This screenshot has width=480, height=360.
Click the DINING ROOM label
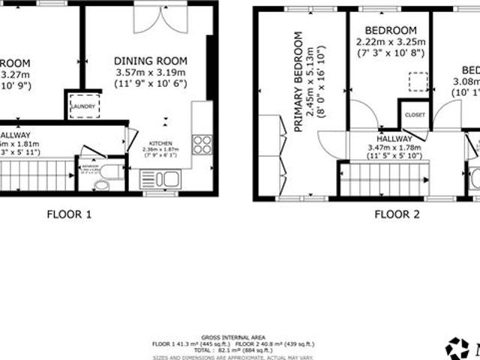click(x=151, y=61)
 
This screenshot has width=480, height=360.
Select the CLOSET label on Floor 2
click(x=414, y=115)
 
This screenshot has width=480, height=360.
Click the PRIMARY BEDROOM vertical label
click(x=298, y=82)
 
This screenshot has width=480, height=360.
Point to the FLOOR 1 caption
click(x=69, y=214)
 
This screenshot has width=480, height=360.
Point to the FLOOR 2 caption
click(x=397, y=214)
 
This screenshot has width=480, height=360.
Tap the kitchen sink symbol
click(x=159, y=179)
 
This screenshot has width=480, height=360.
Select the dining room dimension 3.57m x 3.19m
click(x=151, y=73)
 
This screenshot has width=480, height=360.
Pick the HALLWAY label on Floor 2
click(x=394, y=139)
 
